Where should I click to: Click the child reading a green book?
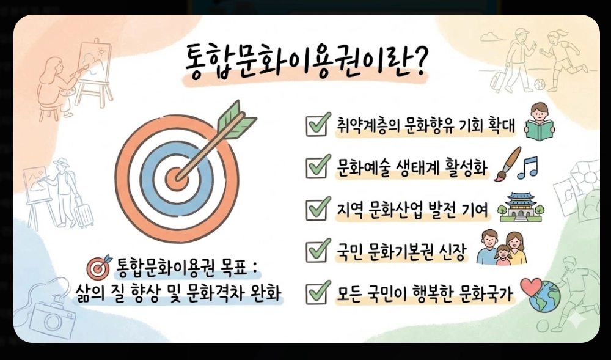coord(540,120)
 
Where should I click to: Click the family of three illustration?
coord(501,248)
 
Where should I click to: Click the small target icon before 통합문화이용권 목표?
coord(98,268)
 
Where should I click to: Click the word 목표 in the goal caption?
coord(232,268)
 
